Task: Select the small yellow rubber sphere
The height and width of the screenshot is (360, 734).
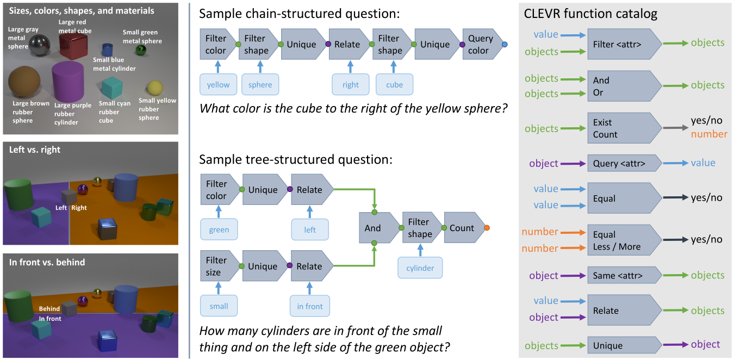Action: (154, 88)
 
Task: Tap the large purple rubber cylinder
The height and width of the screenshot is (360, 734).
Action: (68, 82)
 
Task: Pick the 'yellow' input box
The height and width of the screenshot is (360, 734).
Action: (217, 84)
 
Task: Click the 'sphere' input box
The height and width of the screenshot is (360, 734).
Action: (260, 84)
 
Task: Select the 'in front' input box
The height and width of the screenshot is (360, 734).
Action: (310, 306)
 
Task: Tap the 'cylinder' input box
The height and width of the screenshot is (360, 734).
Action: (420, 268)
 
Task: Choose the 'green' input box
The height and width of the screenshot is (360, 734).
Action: (219, 229)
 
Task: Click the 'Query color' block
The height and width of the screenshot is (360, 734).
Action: (481, 44)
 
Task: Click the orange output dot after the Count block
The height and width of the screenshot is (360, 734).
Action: (487, 228)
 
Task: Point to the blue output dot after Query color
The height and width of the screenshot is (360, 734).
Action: (505, 44)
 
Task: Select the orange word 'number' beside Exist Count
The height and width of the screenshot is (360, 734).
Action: (709, 134)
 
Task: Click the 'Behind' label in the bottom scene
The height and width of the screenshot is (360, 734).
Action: (49, 309)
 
